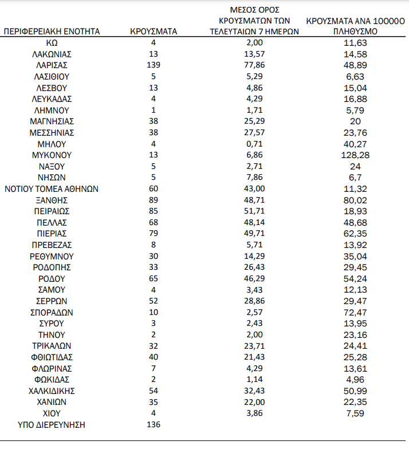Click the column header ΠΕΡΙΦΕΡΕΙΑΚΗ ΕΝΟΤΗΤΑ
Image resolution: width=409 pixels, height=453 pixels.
[52, 31]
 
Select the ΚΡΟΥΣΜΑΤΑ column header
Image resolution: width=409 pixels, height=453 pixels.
[153, 31]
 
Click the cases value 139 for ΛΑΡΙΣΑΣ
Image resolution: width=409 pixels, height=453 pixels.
[153, 65]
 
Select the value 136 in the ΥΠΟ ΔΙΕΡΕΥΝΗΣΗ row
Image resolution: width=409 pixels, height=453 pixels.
[153, 424]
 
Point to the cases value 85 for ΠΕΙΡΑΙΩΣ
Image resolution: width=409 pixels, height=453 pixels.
[153, 211]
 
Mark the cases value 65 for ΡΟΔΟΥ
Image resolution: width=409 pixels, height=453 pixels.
[153, 279]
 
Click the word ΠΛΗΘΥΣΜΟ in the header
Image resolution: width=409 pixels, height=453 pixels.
[355, 31]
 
